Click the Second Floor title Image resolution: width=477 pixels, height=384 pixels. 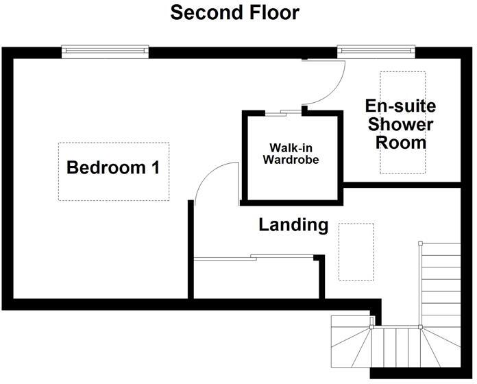[x=234, y=12]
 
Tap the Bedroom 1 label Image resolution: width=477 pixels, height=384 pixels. [x=113, y=167]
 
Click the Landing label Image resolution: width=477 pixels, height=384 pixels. [x=293, y=225]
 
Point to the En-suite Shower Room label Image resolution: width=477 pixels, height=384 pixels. [x=400, y=125]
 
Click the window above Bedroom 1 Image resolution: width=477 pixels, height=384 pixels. [x=105, y=50]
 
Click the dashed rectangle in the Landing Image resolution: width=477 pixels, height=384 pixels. [x=357, y=252]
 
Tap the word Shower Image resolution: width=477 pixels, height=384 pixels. [x=400, y=125]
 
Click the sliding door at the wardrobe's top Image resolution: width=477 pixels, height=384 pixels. [x=283, y=112]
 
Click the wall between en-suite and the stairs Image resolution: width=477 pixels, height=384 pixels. [x=401, y=184]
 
